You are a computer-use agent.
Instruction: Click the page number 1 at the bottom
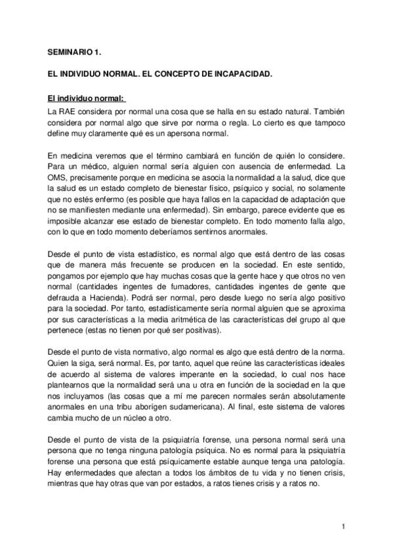pos(344,526)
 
